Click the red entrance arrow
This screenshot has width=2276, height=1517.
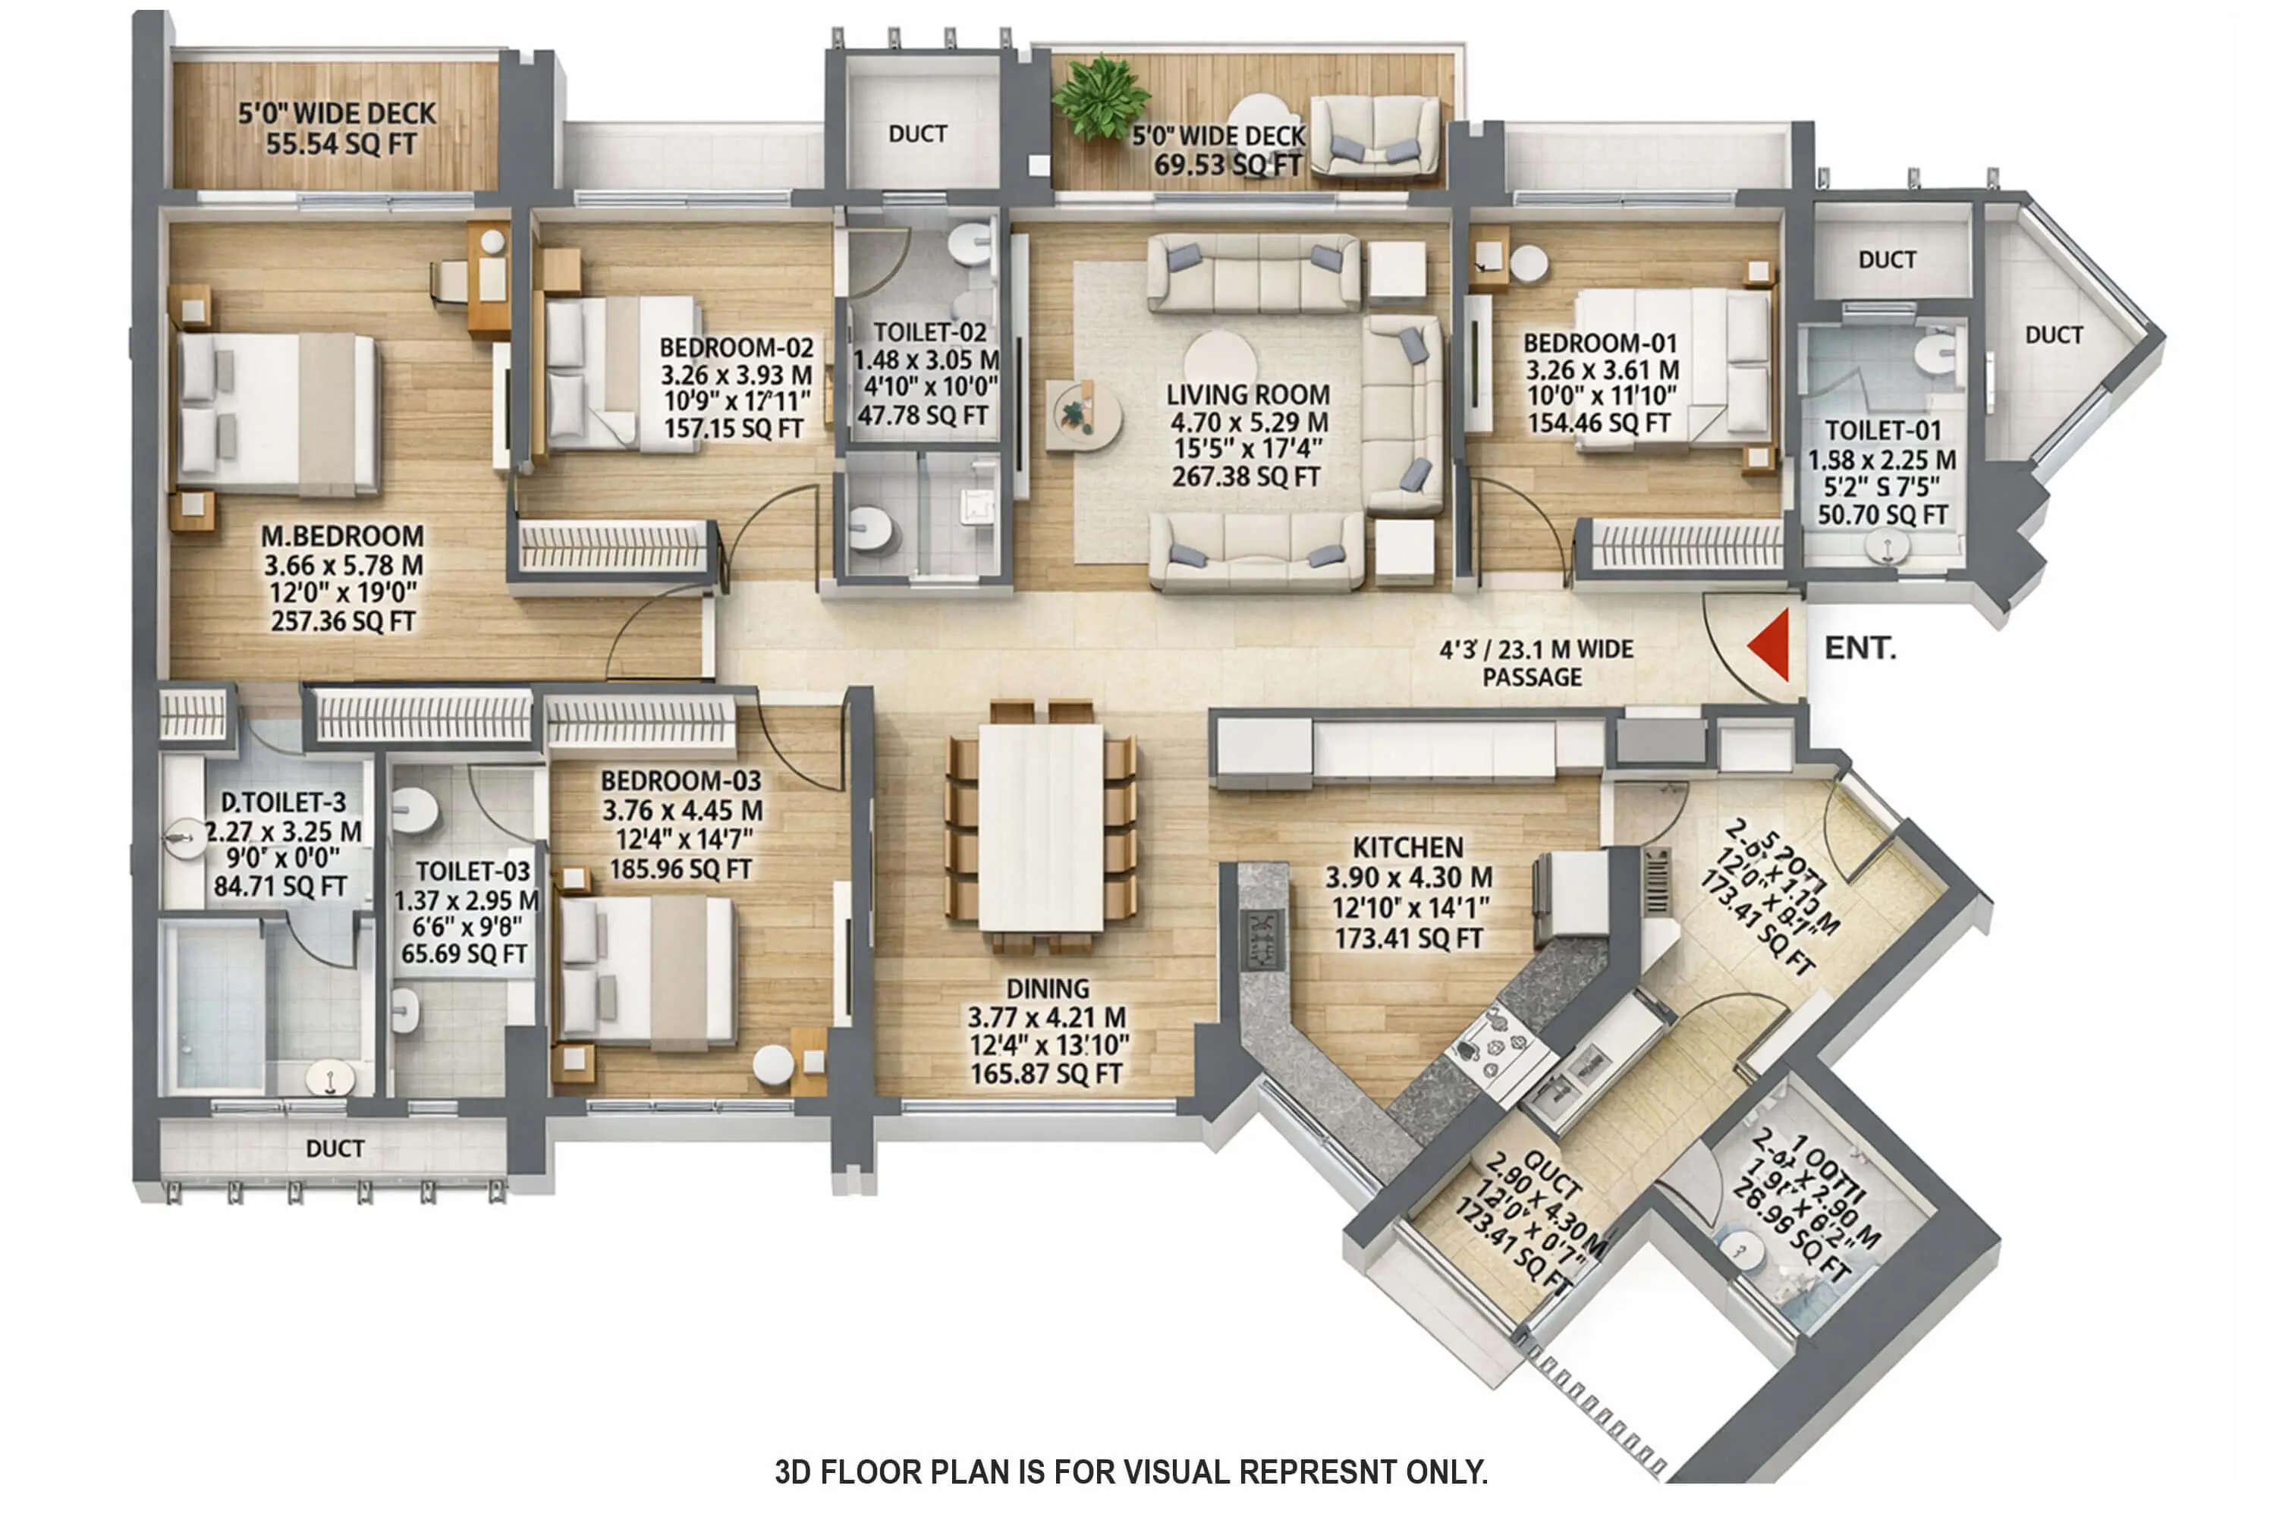pyautogui.click(x=1770, y=644)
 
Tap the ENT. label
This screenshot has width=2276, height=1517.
pyautogui.click(x=1859, y=649)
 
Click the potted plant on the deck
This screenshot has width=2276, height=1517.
pyautogui.click(x=1100, y=97)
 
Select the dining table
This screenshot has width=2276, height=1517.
pyautogui.click(x=1040, y=828)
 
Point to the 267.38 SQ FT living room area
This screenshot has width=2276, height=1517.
pyautogui.click(x=1246, y=477)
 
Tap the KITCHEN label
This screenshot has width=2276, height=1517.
pyautogui.click(x=1407, y=847)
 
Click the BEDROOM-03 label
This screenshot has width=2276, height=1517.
pyautogui.click(x=681, y=780)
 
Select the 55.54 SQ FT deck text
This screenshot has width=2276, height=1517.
pyautogui.click(x=341, y=144)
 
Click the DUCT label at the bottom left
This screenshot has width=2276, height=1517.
pyautogui.click(x=335, y=1148)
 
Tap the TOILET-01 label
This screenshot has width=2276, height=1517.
pyautogui.click(x=1882, y=431)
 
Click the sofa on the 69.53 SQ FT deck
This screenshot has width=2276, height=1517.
pyautogui.click(x=1375, y=136)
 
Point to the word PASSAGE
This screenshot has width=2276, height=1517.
pyautogui.click(x=1532, y=677)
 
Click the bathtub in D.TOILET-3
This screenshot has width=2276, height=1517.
pyautogui.click(x=215, y=1007)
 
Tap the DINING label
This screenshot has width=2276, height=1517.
pyautogui.click(x=1047, y=989)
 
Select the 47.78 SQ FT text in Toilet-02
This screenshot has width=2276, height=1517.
pyautogui.click(x=923, y=416)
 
